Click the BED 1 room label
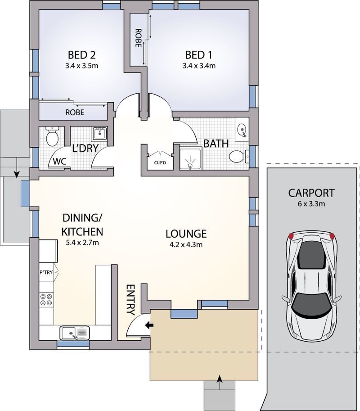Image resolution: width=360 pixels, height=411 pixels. click(198, 55)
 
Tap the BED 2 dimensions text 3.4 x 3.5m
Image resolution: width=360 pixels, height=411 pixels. click(81, 66)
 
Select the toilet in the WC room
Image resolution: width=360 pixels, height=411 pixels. click(53, 136)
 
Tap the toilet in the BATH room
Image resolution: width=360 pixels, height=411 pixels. click(238, 157)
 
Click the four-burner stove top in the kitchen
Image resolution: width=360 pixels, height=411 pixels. click(45, 300)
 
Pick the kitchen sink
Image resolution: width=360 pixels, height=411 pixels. click(75, 333)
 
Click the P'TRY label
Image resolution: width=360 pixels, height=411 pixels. click(46, 272)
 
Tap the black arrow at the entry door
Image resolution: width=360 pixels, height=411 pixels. click(148, 325)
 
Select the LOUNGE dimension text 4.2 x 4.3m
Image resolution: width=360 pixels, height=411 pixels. click(186, 245)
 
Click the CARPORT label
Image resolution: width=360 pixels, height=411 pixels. click(311, 193)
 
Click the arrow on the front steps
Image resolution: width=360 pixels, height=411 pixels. click(219, 379)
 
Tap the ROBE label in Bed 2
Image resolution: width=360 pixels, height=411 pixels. click(75, 113)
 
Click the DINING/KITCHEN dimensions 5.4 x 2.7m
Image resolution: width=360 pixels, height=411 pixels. click(82, 243)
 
